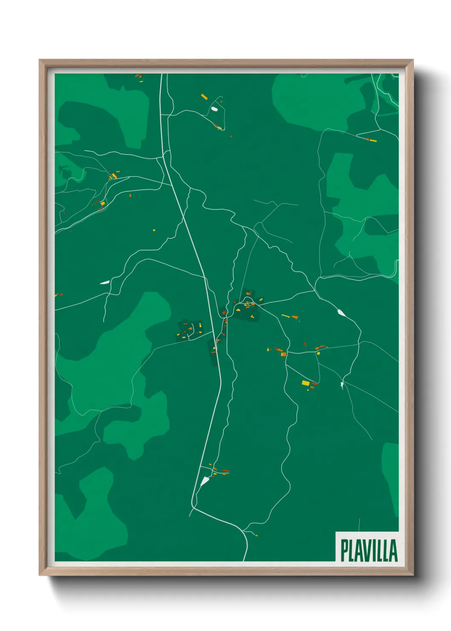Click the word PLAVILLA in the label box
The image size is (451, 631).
[369, 550]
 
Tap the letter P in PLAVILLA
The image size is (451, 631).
[344, 550]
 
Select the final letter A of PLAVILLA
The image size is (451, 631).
[393, 550]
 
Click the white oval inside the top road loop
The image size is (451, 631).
[214, 109]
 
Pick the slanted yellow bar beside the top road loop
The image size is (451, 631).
[204, 97]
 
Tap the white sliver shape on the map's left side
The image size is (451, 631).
[104, 282]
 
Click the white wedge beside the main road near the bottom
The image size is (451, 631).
[205, 481]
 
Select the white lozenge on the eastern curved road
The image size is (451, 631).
[341, 313]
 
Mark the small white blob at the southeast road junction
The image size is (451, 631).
[342, 385]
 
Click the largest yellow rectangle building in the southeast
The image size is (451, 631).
[306, 383]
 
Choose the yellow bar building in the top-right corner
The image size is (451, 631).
[373, 140]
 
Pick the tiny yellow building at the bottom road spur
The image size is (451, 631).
[256, 535]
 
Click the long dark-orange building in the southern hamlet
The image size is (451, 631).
[225, 471]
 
